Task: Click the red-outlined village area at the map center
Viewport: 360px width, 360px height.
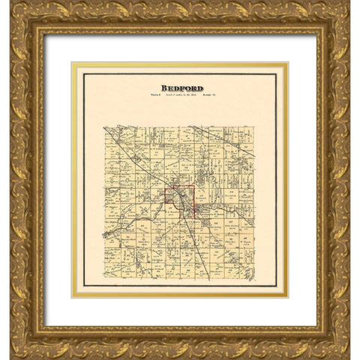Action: pos(180,202)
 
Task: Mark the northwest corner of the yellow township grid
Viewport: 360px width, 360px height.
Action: pos(104,126)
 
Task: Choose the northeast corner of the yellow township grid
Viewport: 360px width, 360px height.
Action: pos(255,126)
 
